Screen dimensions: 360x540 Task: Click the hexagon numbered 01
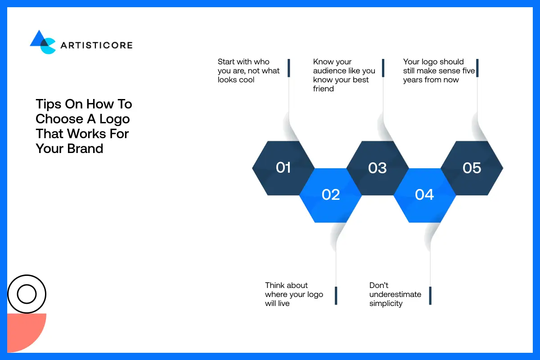(x=283, y=168)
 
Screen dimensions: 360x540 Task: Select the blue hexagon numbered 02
(x=331, y=195)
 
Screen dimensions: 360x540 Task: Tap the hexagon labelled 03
(x=378, y=168)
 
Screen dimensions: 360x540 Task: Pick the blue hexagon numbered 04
(x=424, y=195)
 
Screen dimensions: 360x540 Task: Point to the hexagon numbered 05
(x=472, y=168)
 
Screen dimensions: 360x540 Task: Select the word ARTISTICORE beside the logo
(x=96, y=45)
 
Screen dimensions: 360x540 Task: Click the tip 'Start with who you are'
(x=248, y=71)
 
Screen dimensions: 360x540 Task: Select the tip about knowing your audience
(x=344, y=75)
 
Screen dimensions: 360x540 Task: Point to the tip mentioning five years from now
(x=439, y=71)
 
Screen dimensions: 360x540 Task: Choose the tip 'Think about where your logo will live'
(x=294, y=294)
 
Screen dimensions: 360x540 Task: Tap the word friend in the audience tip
(x=324, y=89)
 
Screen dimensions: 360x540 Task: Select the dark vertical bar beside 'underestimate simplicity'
(x=430, y=296)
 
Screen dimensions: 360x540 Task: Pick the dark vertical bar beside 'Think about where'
(x=336, y=296)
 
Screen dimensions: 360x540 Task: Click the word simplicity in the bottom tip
(x=386, y=303)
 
